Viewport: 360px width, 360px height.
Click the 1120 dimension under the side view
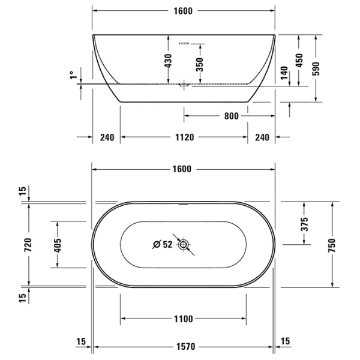(184, 137)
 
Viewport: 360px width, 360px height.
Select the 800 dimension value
(231, 115)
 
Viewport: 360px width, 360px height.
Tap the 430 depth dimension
(169, 60)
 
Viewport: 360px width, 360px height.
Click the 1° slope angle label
(72, 76)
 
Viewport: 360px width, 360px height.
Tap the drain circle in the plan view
(183, 244)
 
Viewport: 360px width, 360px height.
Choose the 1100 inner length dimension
(183, 319)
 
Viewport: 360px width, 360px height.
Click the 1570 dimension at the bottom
(183, 346)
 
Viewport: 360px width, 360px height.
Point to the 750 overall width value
(332, 244)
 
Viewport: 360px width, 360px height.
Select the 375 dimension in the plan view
(304, 223)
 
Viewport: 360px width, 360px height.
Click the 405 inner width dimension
(57, 244)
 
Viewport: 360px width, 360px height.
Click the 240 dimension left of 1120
(106, 137)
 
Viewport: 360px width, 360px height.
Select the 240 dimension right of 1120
(262, 137)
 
